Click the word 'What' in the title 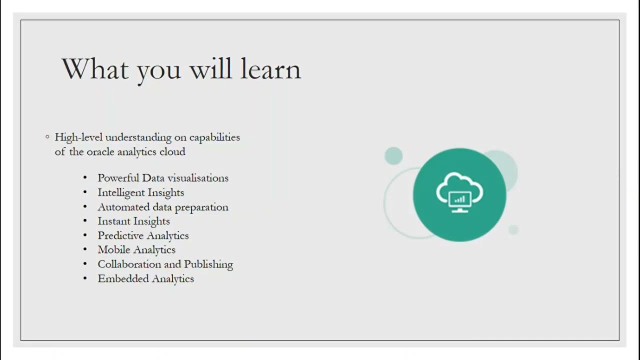pos(95,68)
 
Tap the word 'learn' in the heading pos(270,68)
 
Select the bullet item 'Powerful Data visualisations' pos(163,178)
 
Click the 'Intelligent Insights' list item pos(140,192)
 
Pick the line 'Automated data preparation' pos(163,207)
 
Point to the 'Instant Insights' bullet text pos(133,221)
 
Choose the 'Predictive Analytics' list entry pos(143,235)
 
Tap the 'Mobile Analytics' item pos(136,249)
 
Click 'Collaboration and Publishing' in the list pos(165,264)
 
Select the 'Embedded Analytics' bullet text pos(145,278)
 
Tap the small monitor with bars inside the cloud pos(459,200)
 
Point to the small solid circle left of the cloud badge pos(393,155)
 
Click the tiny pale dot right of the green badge pos(513,229)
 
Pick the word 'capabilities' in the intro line pos(214,137)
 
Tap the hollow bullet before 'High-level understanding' pos(47,136)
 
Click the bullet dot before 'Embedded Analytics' pos(85,278)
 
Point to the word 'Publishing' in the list pos(208,264)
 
